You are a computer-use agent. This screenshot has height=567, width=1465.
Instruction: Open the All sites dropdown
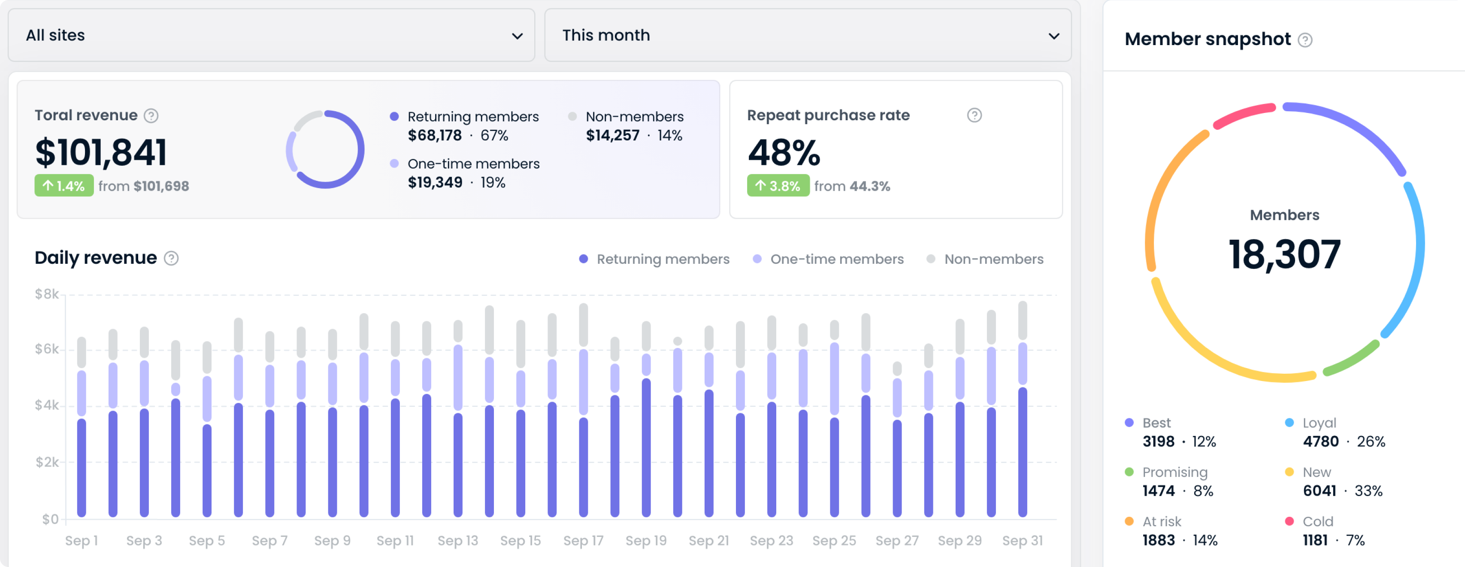click(271, 35)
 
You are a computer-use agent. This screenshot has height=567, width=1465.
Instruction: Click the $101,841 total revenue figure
click(101, 152)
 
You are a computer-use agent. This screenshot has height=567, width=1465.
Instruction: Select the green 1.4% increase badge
click(64, 186)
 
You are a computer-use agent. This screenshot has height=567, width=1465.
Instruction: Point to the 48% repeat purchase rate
click(783, 152)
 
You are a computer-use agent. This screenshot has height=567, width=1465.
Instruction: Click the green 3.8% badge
click(778, 186)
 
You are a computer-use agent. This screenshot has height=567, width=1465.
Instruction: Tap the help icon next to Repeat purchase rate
click(974, 116)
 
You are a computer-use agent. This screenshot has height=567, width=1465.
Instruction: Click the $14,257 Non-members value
click(612, 135)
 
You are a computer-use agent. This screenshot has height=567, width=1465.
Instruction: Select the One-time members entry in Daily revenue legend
click(836, 259)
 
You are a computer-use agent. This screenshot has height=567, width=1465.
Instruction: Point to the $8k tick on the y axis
click(47, 294)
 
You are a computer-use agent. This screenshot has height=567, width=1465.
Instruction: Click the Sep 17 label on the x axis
click(583, 540)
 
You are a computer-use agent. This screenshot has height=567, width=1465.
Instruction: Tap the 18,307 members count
click(1284, 254)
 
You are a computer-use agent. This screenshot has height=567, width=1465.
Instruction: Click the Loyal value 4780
click(1320, 441)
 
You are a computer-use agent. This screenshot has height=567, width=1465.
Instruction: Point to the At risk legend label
click(1161, 521)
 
